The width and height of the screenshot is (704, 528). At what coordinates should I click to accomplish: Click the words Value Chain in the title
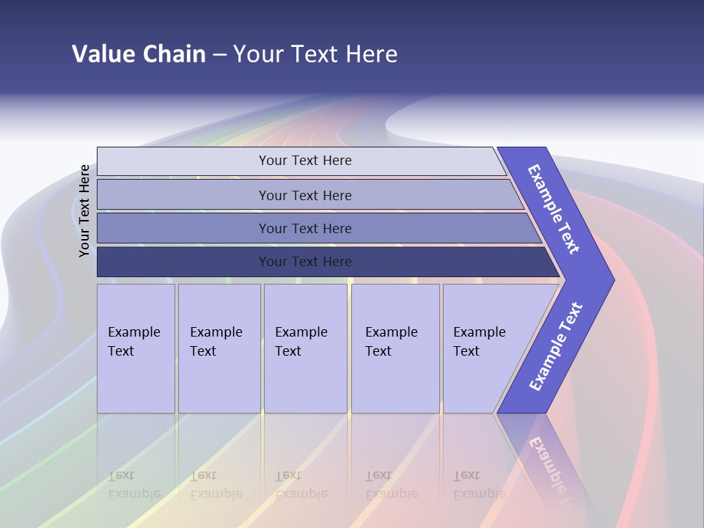pos(139,54)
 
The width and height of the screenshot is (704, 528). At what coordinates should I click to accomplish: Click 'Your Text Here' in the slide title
pos(315,54)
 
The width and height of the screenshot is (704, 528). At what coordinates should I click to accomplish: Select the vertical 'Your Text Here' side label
pos(84,210)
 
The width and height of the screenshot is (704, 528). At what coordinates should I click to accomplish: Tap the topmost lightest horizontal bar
pos(183,161)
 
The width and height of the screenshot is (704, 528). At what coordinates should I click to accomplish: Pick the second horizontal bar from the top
pos(183,195)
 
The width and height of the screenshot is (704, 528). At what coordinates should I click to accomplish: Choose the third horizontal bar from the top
pos(183,228)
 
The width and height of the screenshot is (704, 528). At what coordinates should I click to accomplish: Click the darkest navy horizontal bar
pos(183,262)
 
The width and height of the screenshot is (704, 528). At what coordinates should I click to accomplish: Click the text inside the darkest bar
pos(305,262)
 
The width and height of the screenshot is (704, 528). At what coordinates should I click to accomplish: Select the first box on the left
pos(136,348)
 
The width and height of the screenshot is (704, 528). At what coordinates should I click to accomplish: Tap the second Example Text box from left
pos(219,348)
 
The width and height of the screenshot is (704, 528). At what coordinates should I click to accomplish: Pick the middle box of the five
pos(305,348)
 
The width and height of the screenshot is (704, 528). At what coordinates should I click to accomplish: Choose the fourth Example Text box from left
pos(395,348)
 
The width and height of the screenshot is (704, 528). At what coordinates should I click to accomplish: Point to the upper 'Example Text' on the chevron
pos(554,209)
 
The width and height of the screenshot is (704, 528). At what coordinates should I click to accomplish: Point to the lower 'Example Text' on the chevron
pos(556,347)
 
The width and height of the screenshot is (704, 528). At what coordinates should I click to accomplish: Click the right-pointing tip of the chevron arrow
pos(609,279)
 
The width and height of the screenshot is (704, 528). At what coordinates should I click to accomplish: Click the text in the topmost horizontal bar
pos(305,161)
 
